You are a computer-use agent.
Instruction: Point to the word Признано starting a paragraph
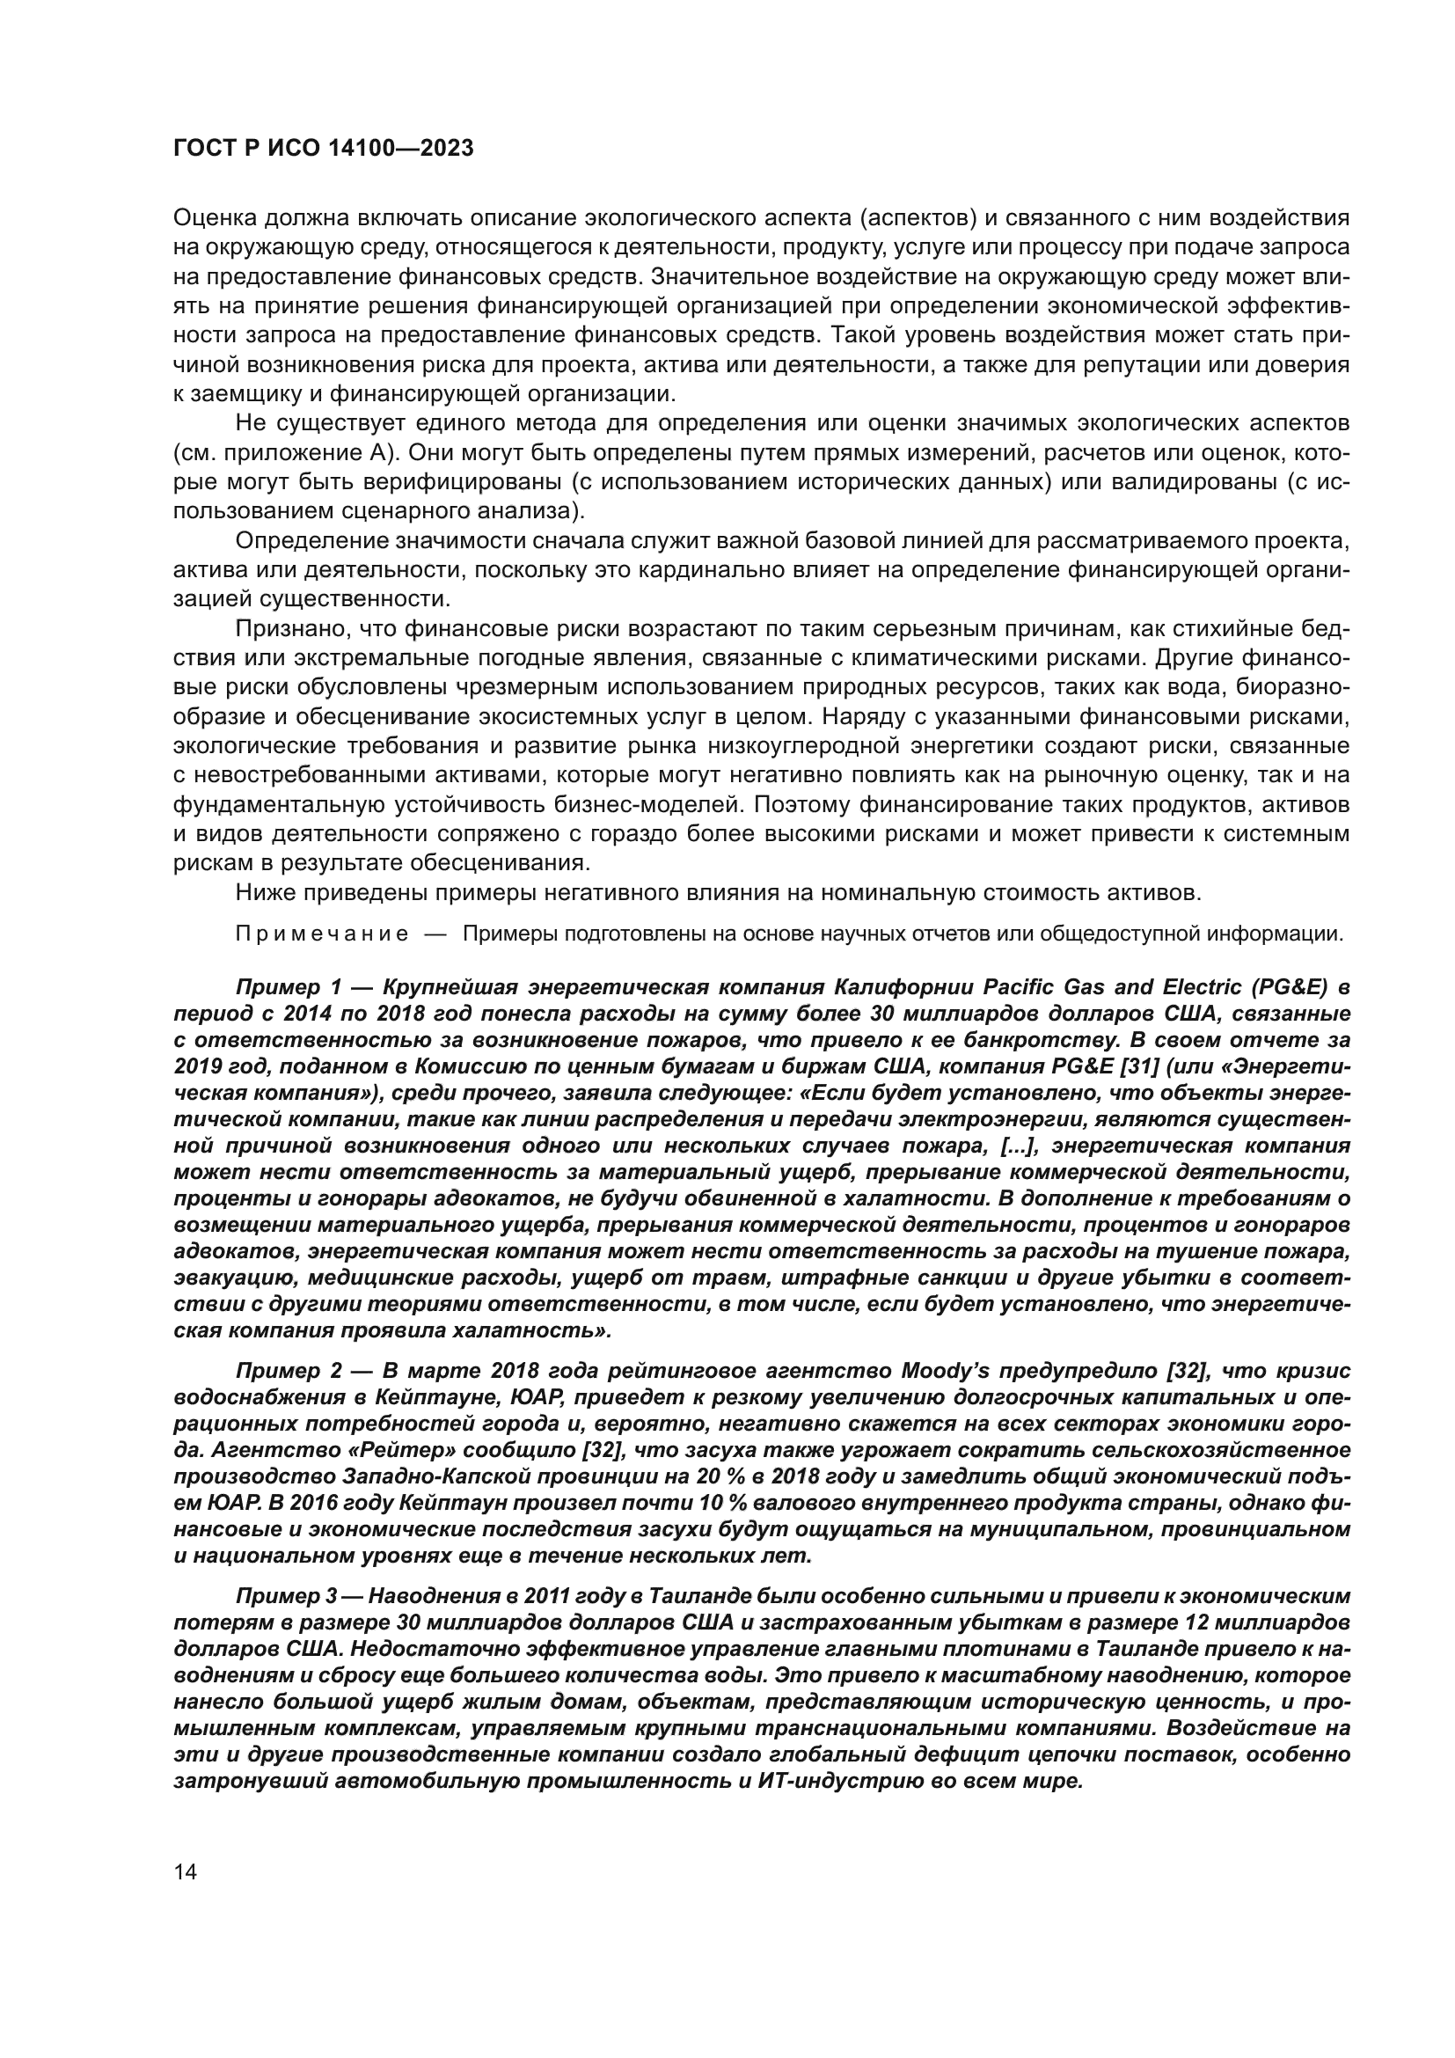(287, 629)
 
